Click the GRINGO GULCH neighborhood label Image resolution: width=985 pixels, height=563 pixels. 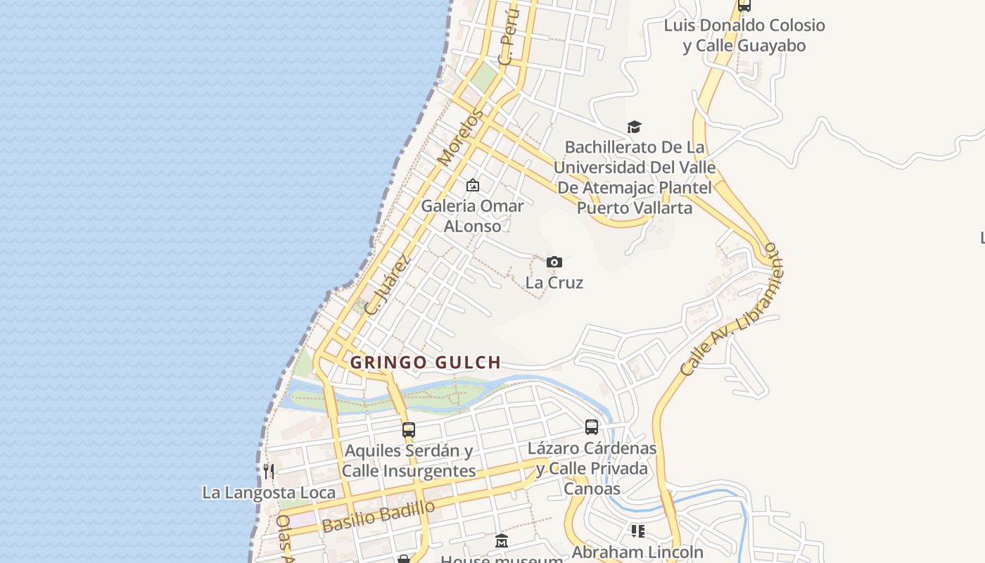click(426, 362)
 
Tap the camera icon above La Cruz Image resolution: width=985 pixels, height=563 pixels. click(554, 262)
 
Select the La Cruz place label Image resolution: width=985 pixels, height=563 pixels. click(554, 283)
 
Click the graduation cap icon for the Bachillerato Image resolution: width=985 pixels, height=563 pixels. click(634, 127)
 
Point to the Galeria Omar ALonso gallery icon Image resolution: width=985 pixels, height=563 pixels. click(473, 186)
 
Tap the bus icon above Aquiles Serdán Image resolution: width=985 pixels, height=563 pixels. click(409, 429)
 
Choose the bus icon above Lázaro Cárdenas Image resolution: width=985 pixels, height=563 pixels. click(592, 427)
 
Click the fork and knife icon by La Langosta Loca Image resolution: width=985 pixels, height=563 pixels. click(268, 471)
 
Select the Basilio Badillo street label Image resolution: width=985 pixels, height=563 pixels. click(379, 517)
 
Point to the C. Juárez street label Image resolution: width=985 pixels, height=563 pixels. click(387, 284)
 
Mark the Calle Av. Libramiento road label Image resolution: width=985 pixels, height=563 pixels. click(732, 310)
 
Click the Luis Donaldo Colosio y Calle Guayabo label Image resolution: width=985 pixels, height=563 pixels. click(744, 36)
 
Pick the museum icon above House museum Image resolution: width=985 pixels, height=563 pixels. click(502, 541)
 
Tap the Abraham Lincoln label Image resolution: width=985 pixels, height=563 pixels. click(637, 552)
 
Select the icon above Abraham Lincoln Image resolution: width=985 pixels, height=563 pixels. click(637, 531)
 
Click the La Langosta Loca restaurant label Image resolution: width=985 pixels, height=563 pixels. click(269, 493)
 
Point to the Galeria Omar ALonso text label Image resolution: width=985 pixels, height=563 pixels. click(473, 216)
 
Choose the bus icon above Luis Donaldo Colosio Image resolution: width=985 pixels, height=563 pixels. click(744, 6)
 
